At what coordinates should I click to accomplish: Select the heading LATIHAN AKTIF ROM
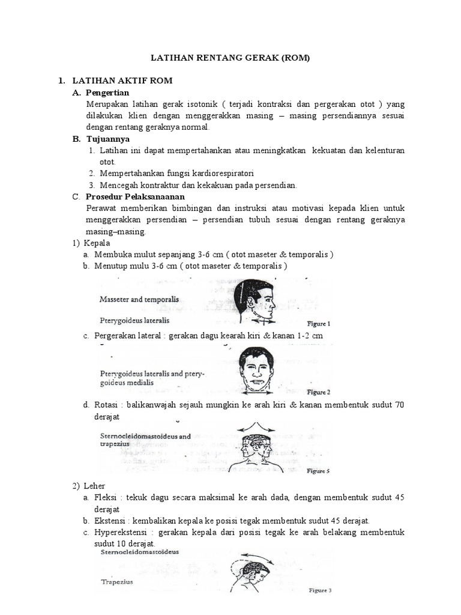pyautogui.click(x=122, y=80)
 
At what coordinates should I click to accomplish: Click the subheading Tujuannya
pyautogui.click(x=107, y=139)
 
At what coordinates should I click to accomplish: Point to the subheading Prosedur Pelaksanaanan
pyautogui.click(x=135, y=196)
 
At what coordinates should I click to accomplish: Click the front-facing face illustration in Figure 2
pyautogui.click(x=256, y=369)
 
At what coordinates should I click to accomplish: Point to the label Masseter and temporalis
pyautogui.click(x=139, y=298)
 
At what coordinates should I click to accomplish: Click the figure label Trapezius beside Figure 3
pyautogui.click(x=117, y=581)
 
